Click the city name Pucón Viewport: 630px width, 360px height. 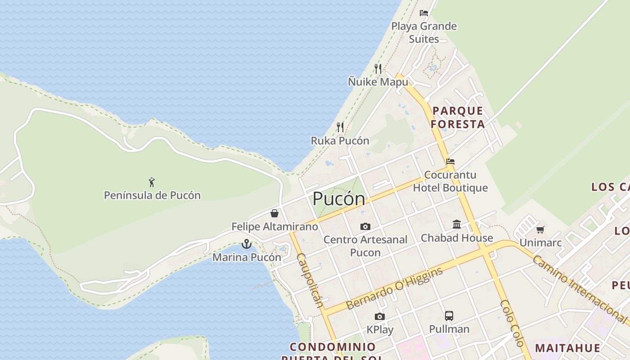pos(338,198)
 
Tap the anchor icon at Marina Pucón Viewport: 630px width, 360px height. pos(246,244)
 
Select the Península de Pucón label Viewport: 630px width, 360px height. pos(152,195)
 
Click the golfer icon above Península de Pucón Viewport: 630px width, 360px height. pos(152,182)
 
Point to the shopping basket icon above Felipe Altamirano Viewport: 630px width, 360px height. pos(274,213)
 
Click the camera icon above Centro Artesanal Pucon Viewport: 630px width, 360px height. pos(365,226)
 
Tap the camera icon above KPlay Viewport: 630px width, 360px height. pos(380,316)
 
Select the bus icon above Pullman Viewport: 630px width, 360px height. pos(449,315)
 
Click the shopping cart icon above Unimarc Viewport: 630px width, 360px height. pos(540,229)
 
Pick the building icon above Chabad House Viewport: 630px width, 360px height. pos(457,224)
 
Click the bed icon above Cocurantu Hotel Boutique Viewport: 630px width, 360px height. pos(450,161)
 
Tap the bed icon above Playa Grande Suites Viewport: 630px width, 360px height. pos(423,13)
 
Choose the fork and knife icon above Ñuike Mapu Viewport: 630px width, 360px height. pos(378,68)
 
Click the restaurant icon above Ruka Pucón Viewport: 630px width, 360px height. pos(340,127)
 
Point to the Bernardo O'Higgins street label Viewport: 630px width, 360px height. pos(394,288)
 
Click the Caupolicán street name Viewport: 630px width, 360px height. pos(310,280)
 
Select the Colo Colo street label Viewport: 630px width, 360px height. pos(513,323)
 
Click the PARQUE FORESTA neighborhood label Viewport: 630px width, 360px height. pos(458,117)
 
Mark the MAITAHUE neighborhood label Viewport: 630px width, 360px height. pos(567,348)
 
